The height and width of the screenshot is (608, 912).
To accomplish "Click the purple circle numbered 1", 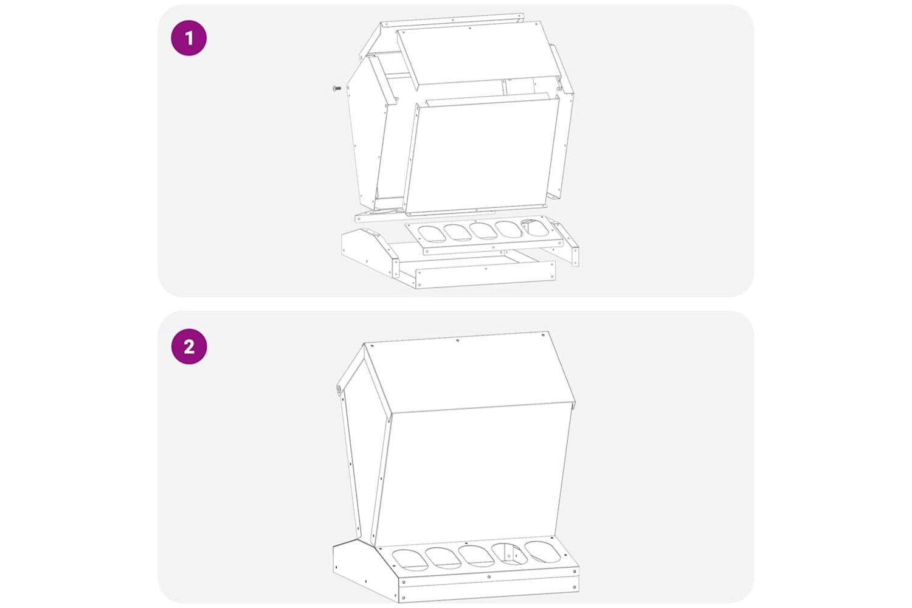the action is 188,38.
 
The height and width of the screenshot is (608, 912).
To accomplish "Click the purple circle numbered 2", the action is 189,347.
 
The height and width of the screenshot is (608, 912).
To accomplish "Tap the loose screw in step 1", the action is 337,88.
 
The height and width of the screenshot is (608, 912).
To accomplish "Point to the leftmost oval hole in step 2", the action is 410,560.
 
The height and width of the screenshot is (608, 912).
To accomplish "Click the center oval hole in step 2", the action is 476,557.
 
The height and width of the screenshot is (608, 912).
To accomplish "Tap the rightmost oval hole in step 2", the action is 543,552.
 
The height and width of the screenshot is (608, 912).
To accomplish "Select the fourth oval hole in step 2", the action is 510,554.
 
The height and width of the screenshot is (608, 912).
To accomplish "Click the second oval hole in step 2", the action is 443,558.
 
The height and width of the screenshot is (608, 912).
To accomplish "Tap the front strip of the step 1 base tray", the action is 485,275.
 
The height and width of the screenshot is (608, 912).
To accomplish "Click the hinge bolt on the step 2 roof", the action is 338,389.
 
